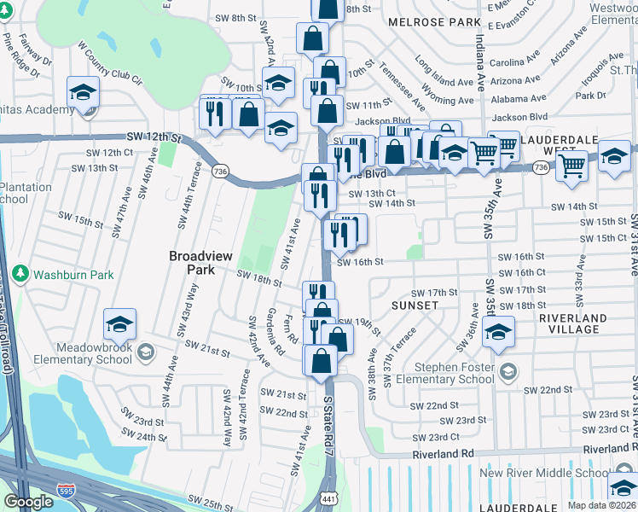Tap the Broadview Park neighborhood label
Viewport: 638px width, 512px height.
(201, 262)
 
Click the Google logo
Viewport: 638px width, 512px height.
(29, 502)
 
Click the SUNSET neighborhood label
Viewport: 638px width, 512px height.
(415, 305)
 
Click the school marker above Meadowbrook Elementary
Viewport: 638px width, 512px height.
(119, 324)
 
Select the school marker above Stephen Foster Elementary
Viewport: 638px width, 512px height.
(497, 333)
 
